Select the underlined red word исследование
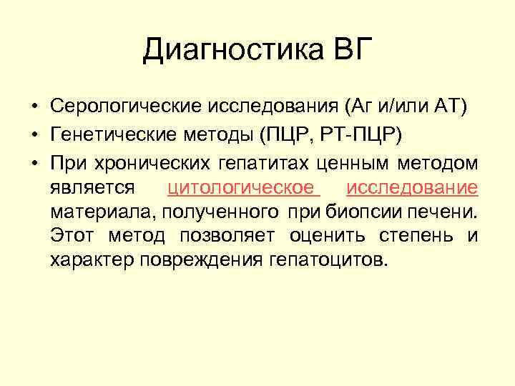411,188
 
